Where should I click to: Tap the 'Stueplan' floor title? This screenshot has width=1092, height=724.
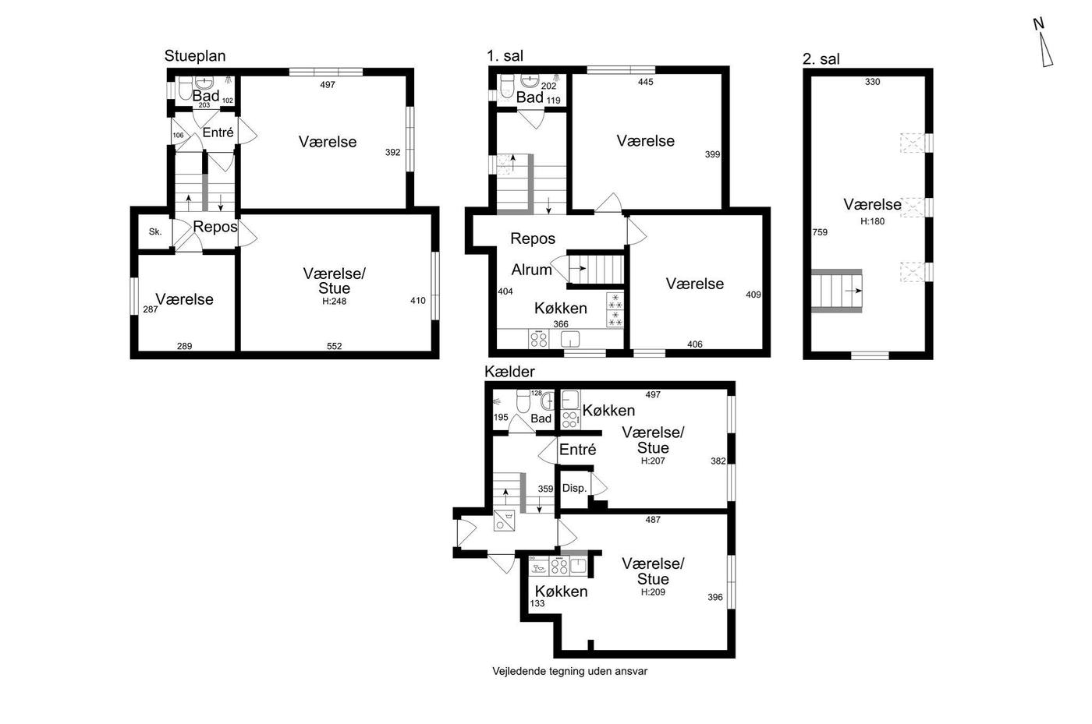point(194,56)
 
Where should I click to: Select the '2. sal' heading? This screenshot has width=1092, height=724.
point(821,59)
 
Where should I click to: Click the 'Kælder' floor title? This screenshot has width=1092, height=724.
point(509,372)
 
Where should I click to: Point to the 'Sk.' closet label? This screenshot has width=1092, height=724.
point(155,232)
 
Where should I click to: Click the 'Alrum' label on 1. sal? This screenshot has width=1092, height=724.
point(531,270)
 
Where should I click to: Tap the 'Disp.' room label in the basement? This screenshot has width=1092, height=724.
point(574,488)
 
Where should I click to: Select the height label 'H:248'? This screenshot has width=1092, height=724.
point(334,302)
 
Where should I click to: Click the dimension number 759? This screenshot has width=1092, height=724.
point(820,232)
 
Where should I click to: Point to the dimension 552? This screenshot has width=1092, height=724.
point(335,346)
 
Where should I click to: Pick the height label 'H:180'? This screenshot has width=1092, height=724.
point(872,221)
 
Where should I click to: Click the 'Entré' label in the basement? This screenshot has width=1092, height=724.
point(577,449)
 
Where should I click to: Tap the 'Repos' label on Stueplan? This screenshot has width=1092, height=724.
point(215,227)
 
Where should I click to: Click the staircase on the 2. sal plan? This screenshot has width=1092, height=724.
point(836,291)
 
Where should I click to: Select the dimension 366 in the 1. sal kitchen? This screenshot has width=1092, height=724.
point(561,324)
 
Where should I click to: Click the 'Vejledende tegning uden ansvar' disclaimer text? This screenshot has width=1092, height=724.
point(570,671)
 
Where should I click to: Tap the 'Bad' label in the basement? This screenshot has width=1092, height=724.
point(541,419)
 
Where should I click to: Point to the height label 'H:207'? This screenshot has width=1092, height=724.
point(653,461)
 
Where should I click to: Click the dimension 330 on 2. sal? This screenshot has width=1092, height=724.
point(873,82)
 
